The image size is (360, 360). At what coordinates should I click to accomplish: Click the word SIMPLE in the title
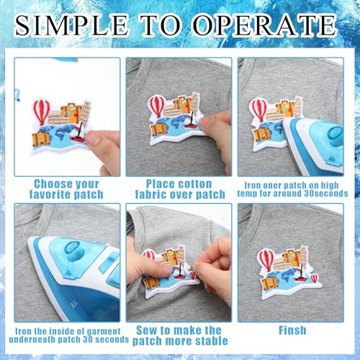pyautogui.click(x=71, y=25)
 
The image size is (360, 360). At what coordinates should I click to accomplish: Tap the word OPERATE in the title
pyautogui.click(x=265, y=25)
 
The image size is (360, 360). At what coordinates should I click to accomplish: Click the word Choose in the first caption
pyautogui.click(x=49, y=184)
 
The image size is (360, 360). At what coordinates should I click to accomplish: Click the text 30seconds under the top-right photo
pyautogui.click(x=326, y=194)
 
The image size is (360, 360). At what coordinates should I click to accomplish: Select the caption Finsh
pyautogui.click(x=292, y=330)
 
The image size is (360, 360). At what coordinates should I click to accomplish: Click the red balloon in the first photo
pyautogui.click(x=42, y=111)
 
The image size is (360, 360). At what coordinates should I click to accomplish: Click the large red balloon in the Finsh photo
pyautogui.click(x=266, y=260)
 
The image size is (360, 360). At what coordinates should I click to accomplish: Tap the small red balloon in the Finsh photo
pyautogui.click(x=314, y=279)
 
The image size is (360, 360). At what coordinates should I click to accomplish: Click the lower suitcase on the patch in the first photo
pyautogui.click(x=42, y=140)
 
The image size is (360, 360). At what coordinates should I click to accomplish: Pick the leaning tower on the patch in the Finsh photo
pyautogui.click(x=304, y=256)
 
